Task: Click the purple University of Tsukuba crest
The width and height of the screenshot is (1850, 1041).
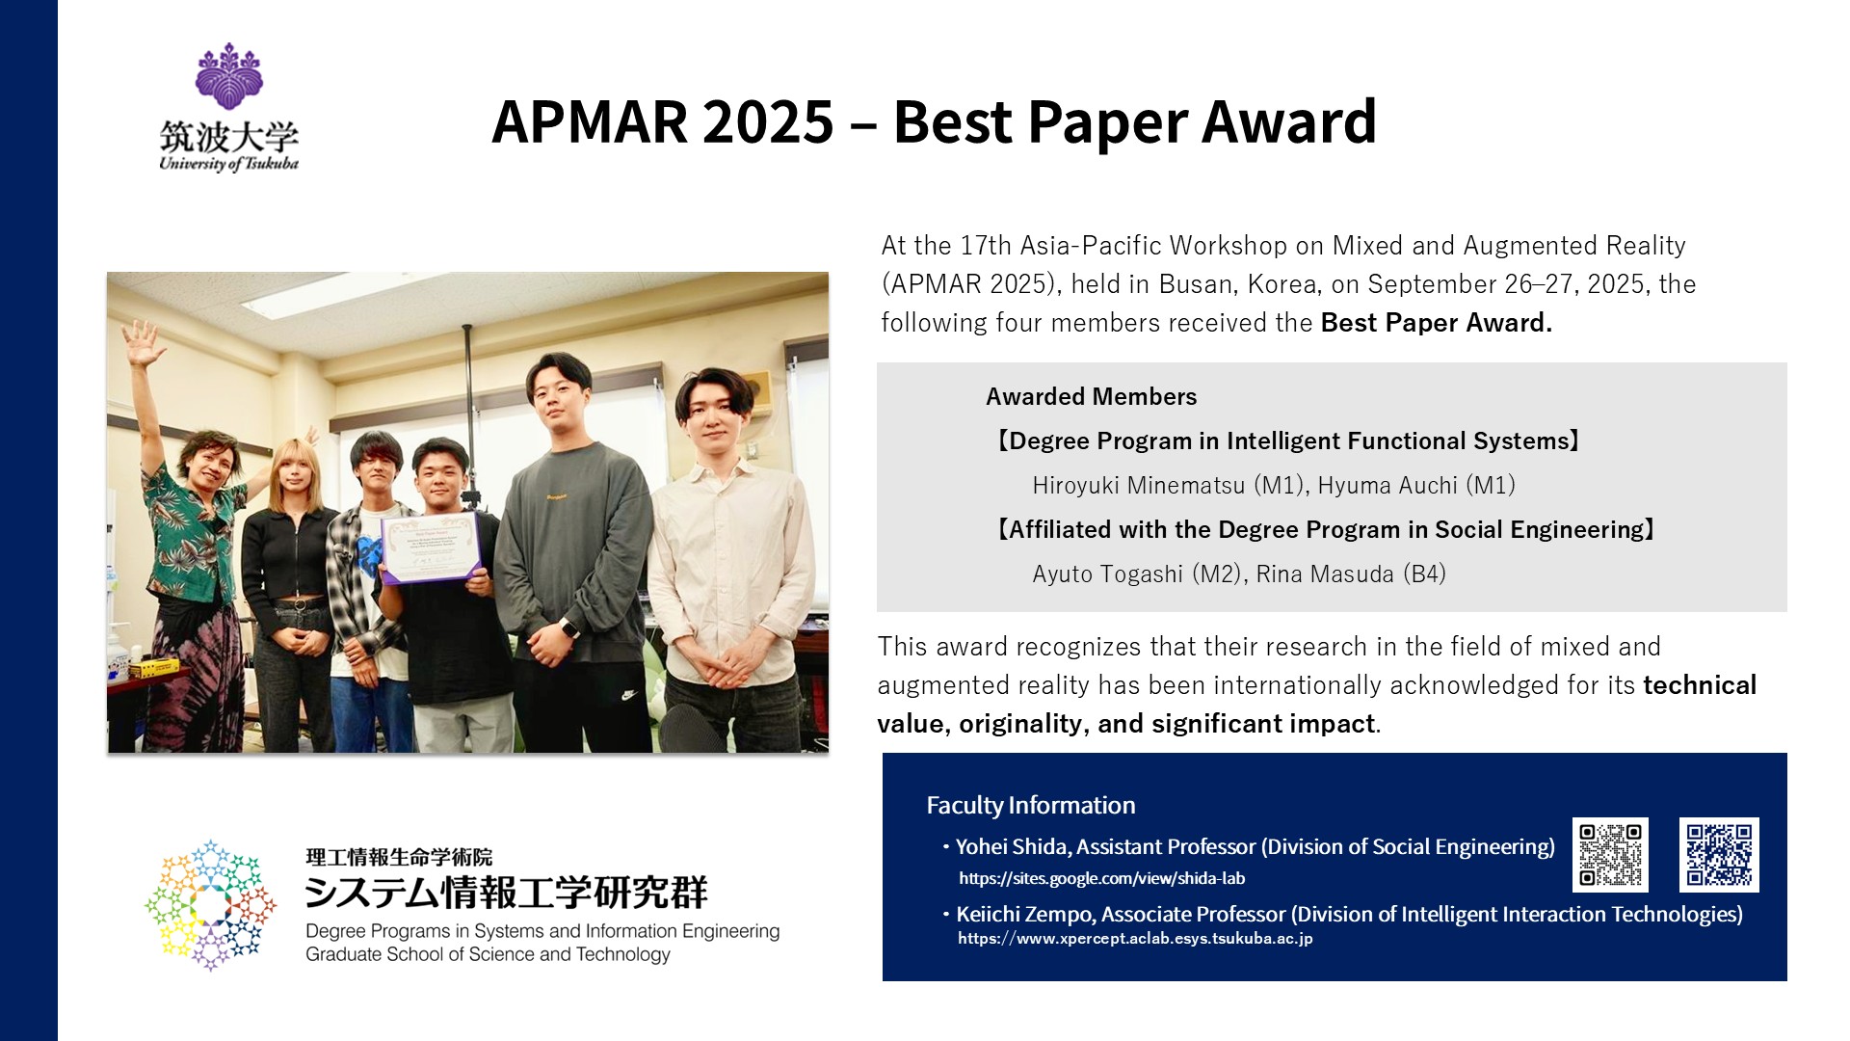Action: point(229,76)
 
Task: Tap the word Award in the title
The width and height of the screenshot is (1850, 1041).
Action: point(1289,121)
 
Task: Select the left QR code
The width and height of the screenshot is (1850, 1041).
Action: point(1610,855)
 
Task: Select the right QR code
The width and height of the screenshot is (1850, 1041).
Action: point(1719,855)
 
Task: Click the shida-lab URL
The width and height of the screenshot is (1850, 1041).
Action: point(1101,879)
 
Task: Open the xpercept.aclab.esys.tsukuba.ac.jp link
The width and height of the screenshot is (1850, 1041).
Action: point(1135,938)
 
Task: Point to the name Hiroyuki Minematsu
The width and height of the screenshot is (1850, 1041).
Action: point(1138,485)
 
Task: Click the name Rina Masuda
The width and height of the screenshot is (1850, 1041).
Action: point(1325,574)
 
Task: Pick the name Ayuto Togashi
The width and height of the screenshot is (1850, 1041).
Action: point(1107,574)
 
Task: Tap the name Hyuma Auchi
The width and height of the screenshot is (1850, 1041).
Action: point(1387,485)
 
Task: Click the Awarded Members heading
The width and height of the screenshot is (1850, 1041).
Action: point(1091,396)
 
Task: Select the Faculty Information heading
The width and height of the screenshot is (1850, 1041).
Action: point(1031,805)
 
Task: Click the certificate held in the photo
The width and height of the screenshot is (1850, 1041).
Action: point(430,547)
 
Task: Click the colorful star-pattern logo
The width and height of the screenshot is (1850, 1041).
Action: point(210,905)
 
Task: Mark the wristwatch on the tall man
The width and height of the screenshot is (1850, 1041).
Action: point(570,627)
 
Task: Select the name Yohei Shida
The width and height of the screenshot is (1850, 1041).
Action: point(1011,846)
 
